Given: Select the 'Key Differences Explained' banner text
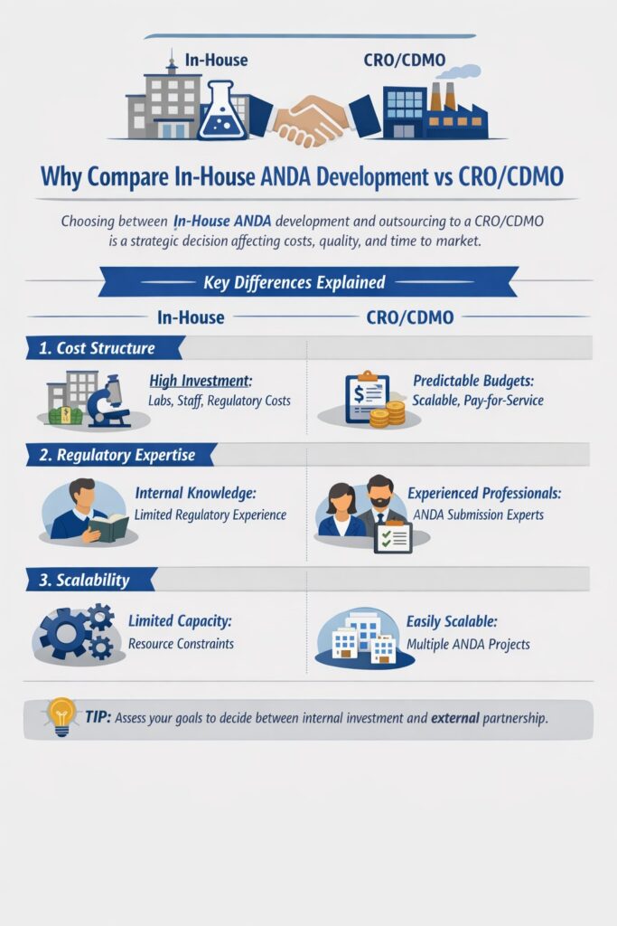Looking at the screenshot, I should pos(294,282).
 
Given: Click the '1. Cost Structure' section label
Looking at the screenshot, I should pos(97,348).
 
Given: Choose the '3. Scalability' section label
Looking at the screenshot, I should pos(84,580).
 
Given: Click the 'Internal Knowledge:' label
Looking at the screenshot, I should pos(196,495).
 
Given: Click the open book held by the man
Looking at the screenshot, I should pos(108,526).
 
